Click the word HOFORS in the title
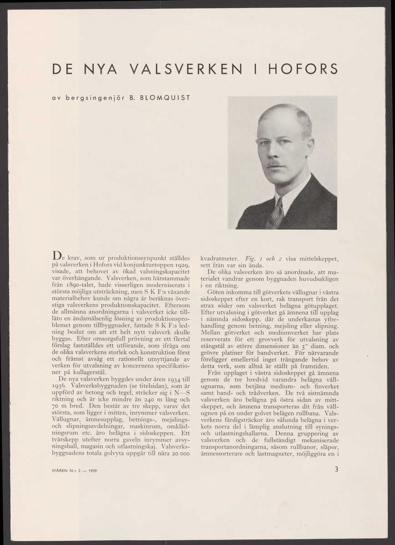pyautogui.click(x=303, y=69)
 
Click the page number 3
pyautogui.click(x=336, y=470)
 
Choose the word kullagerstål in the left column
pyautogui.click(x=81, y=372)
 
